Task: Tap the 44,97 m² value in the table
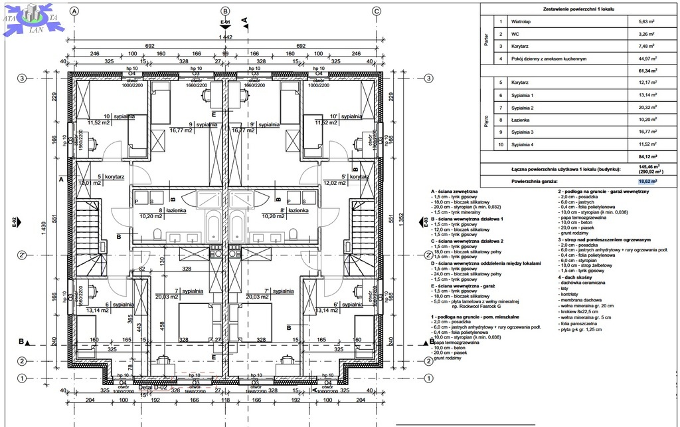coord(647,59)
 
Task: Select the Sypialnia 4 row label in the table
coord(523,144)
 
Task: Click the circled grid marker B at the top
coord(225,11)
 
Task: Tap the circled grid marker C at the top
coord(377,11)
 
